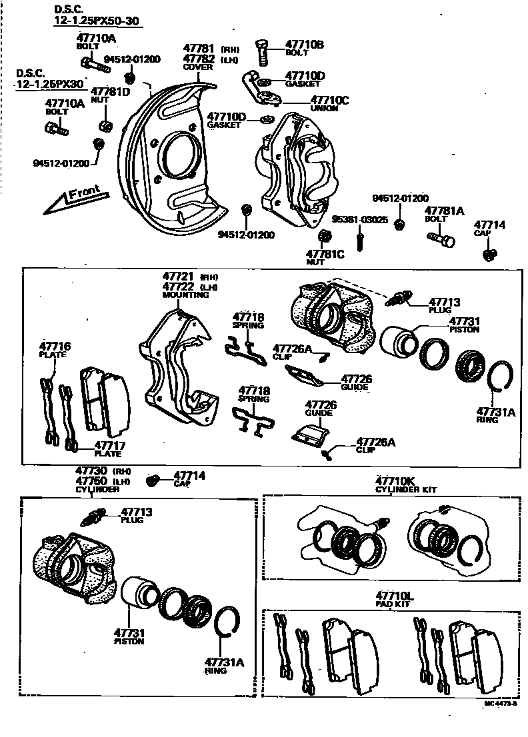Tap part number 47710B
pos(304,44)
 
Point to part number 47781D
pos(110,91)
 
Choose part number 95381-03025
pos(360,219)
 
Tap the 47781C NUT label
pos(325,257)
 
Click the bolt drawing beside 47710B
pos(262,51)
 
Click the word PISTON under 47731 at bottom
pos(129,642)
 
